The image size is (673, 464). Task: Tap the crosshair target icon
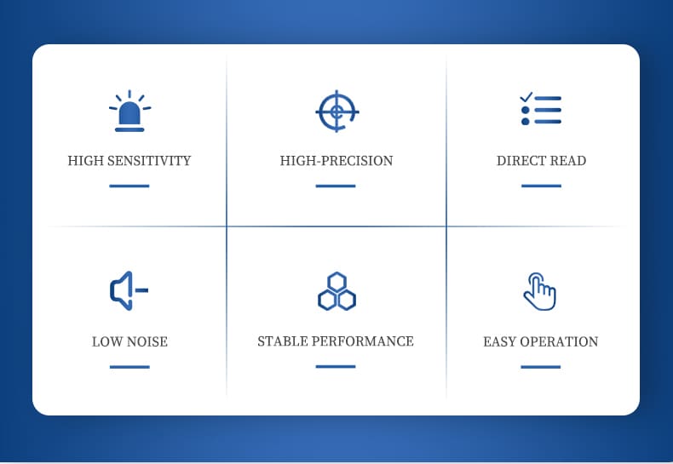[337, 112]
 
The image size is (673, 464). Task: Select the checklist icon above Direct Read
[540, 109]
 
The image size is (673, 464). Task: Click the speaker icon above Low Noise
[129, 290]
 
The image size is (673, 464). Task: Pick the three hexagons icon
[337, 291]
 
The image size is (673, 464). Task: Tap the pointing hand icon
[540, 291]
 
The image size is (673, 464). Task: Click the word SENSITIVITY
[149, 161]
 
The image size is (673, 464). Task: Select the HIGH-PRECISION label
[336, 161]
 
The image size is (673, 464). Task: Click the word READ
[568, 161]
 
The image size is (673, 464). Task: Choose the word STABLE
[283, 341]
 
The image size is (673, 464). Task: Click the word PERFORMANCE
[363, 341]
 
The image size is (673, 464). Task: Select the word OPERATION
[559, 341]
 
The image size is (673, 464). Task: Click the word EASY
[499, 341]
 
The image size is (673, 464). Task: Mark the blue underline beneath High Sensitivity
[129, 186]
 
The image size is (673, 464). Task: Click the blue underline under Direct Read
[541, 186]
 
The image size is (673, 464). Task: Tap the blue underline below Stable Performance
[336, 366]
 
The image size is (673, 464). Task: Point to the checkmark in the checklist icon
[526, 97]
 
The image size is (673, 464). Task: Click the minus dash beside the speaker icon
[141, 290]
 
